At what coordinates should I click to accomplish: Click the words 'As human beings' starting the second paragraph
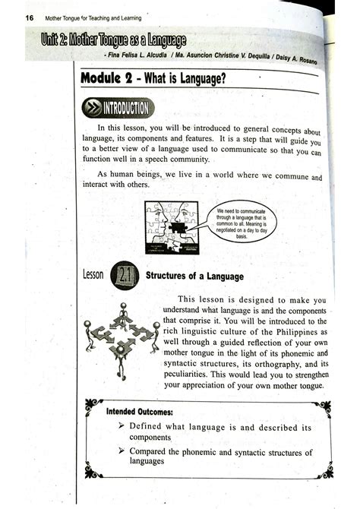click(x=130, y=175)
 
